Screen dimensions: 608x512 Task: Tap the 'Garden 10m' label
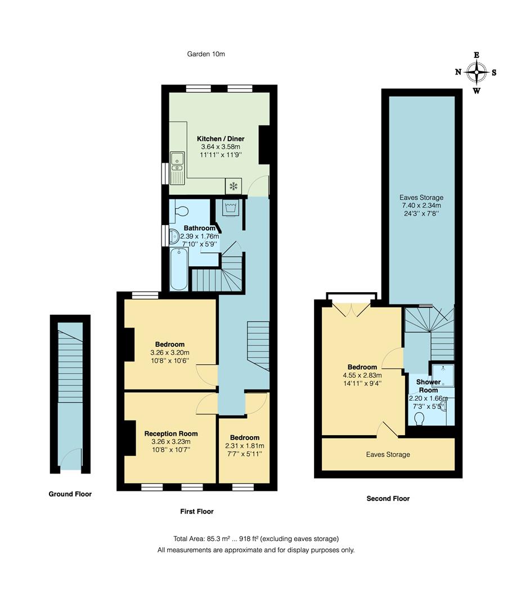[206, 54]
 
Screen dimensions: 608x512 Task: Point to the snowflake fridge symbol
[232, 186]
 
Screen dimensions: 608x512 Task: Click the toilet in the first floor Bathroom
[182, 213]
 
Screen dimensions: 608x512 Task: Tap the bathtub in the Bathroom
[179, 270]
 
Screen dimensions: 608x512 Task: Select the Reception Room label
[171, 433]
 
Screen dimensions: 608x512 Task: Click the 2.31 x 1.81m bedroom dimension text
[245, 446]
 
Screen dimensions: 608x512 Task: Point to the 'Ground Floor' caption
[70, 494]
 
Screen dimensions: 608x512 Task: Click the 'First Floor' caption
[197, 511]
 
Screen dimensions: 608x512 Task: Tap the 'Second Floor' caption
[388, 498]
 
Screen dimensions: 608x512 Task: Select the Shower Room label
[428, 386]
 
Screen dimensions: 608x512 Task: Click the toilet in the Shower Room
[418, 420]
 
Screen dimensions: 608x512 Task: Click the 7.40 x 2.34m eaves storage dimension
[421, 206]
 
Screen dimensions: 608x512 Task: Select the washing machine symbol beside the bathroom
[230, 209]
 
